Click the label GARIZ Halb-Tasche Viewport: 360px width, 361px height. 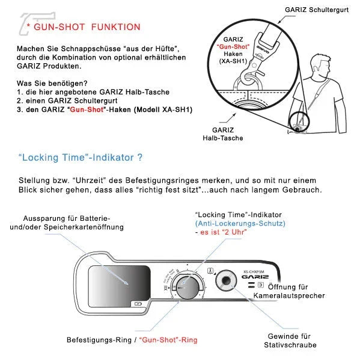tap(227, 134)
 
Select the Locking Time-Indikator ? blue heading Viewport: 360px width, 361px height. tap(81, 158)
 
